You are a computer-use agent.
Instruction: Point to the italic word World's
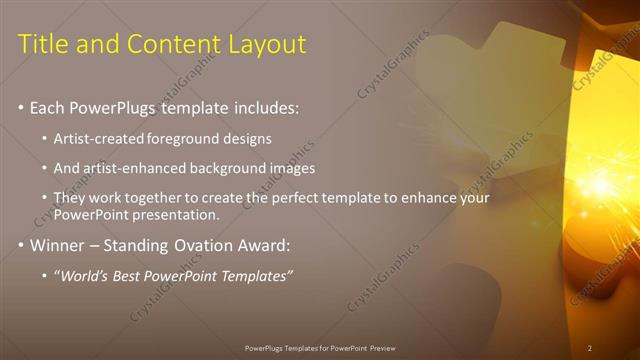coord(85,275)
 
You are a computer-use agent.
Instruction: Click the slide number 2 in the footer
coord(589,348)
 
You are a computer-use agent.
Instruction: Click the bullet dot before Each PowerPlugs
coord(22,107)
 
